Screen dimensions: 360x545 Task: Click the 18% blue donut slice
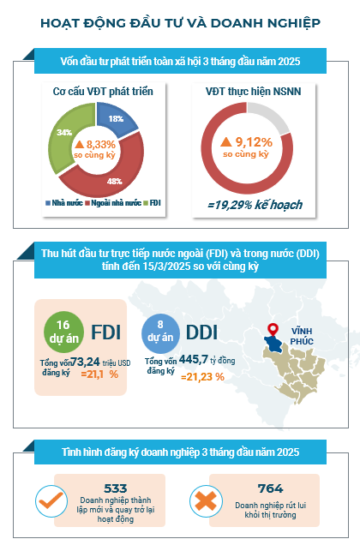[116, 118]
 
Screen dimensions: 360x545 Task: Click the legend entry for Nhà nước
[64, 203]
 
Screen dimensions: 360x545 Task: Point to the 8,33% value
[100, 144]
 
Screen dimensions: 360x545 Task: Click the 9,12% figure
[254, 142]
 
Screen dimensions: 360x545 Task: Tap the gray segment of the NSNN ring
[272, 117]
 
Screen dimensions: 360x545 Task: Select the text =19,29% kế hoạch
[255, 205]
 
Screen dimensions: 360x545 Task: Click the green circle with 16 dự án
[63, 332]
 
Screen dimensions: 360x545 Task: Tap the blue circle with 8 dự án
[160, 332]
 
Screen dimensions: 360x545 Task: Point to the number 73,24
[85, 362]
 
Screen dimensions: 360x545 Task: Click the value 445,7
[194, 359]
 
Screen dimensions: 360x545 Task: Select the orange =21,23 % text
[202, 377]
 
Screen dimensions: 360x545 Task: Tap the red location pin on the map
[273, 330]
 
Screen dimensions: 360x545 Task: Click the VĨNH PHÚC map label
[302, 337]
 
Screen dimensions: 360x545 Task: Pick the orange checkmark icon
[51, 500]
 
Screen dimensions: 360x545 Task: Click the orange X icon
[206, 500]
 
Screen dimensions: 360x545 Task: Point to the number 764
[271, 488]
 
